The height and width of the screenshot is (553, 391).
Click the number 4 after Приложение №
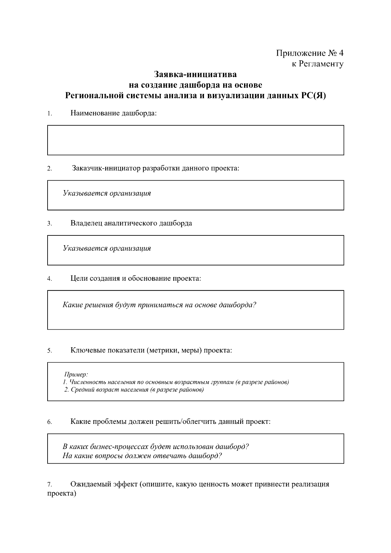tap(341, 53)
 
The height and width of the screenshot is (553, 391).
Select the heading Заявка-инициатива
tap(195, 74)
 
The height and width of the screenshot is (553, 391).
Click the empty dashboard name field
tap(195, 140)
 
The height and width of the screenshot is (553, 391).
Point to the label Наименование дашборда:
tap(113, 113)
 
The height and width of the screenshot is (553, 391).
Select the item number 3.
tap(50, 224)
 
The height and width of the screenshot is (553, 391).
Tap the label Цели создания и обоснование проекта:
tap(136, 278)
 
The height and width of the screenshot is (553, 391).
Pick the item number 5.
tap(50, 351)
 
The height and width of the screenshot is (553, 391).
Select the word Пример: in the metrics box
tap(76, 374)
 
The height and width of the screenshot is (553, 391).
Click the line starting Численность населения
tap(176, 382)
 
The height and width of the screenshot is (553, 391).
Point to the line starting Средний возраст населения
tap(134, 390)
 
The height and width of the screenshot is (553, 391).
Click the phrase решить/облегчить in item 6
tap(194, 422)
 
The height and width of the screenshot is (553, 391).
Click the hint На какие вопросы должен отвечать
tap(142, 456)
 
